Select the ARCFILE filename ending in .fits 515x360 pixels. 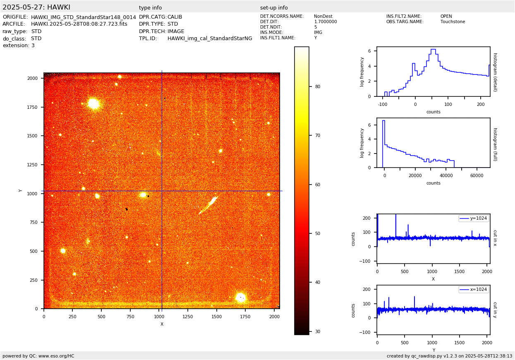pyautogui.click(x=79, y=24)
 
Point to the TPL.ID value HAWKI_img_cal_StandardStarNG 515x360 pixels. pyautogui.click(x=210, y=38)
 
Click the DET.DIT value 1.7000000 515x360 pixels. pyautogui.click(x=326, y=22)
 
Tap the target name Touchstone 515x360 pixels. pyautogui.click(x=453, y=22)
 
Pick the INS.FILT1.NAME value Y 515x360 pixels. pyautogui.click(x=315, y=38)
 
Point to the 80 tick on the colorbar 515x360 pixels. pyautogui.click(x=318, y=86)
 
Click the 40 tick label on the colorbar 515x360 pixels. pyautogui.click(x=318, y=282)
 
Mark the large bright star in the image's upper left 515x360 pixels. pyautogui.click(x=94, y=103)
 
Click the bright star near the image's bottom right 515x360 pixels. pyautogui.click(x=240, y=297)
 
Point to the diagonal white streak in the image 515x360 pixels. pyautogui.click(x=209, y=205)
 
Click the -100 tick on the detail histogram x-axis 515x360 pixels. pyautogui.click(x=382, y=104)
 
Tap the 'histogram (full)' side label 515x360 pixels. pyautogui.click(x=495, y=144)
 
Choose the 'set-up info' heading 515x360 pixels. pyautogui.click(x=274, y=8)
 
